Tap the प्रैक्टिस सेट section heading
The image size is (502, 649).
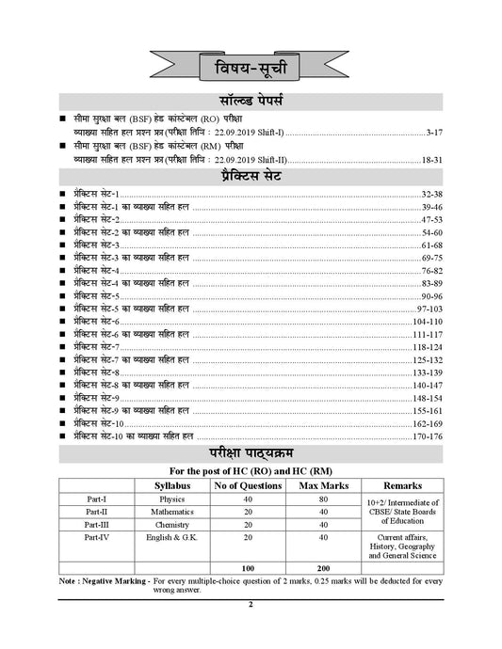251,175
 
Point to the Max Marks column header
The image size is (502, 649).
318,484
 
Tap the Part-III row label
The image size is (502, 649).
95,524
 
